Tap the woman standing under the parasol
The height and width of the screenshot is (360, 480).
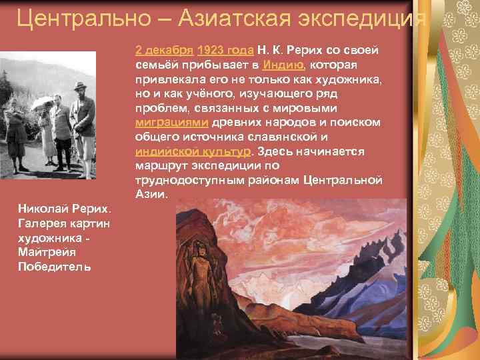coord(47,130)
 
